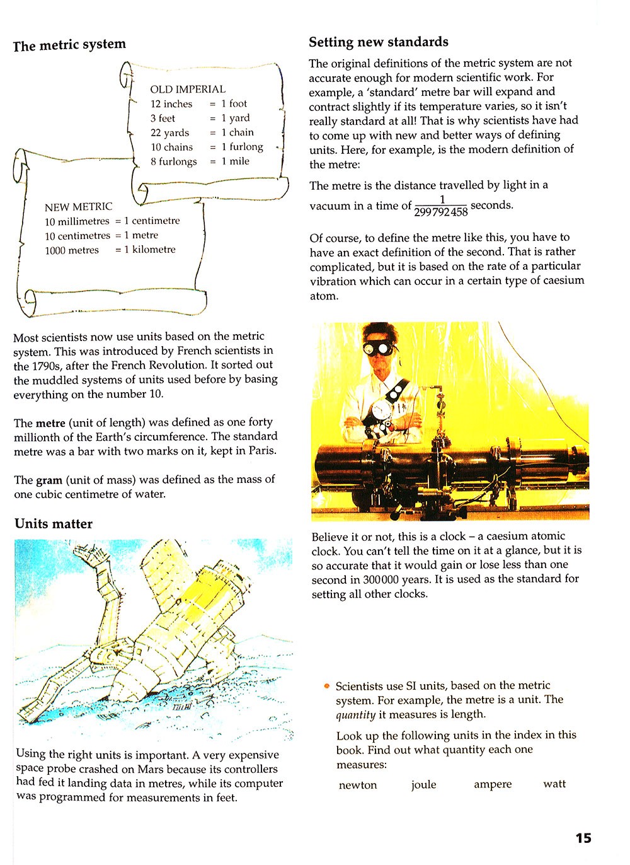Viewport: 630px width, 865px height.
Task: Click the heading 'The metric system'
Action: [69, 45]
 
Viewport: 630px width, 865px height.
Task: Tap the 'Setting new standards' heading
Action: [379, 42]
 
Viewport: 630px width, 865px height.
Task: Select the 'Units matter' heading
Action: [54, 524]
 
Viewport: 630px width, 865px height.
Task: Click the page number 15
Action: [583, 838]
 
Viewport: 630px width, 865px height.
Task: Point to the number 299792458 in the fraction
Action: [441, 212]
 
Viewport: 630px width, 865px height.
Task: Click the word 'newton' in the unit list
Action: [358, 785]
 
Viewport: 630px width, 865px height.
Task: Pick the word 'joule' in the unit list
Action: [423, 785]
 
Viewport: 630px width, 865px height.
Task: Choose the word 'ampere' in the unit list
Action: [493, 784]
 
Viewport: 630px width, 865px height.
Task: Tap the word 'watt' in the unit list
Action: [554, 784]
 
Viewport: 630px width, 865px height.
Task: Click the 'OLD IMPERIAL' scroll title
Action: [188, 90]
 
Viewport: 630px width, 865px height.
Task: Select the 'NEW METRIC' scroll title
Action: [78, 207]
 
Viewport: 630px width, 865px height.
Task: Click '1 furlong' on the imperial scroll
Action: [243, 147]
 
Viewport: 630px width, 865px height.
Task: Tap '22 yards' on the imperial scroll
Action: [169, 133]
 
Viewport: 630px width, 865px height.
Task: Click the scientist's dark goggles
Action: [375, 347]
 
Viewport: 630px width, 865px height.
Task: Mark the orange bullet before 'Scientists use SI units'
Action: [327, 686]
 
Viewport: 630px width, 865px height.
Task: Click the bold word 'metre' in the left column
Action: [50, 422]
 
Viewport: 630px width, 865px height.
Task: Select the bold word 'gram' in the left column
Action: [49, 480]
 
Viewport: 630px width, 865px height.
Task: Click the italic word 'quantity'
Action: [355, 715]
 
